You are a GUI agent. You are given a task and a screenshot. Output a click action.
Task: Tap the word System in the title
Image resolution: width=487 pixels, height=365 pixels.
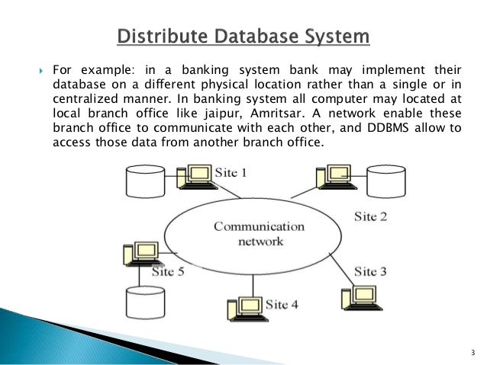click(x=334, y=36)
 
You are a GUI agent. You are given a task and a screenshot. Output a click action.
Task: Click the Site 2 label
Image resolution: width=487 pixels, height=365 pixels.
click(x=371, y=216)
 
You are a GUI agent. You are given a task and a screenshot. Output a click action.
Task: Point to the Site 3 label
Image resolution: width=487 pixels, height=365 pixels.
click(x=371, y=271)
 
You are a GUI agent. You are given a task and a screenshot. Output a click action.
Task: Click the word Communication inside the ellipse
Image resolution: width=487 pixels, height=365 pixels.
click(x=259, y=226)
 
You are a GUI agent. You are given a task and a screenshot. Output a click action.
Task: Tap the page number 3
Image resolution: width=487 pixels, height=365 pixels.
click(x=472, y=351)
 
